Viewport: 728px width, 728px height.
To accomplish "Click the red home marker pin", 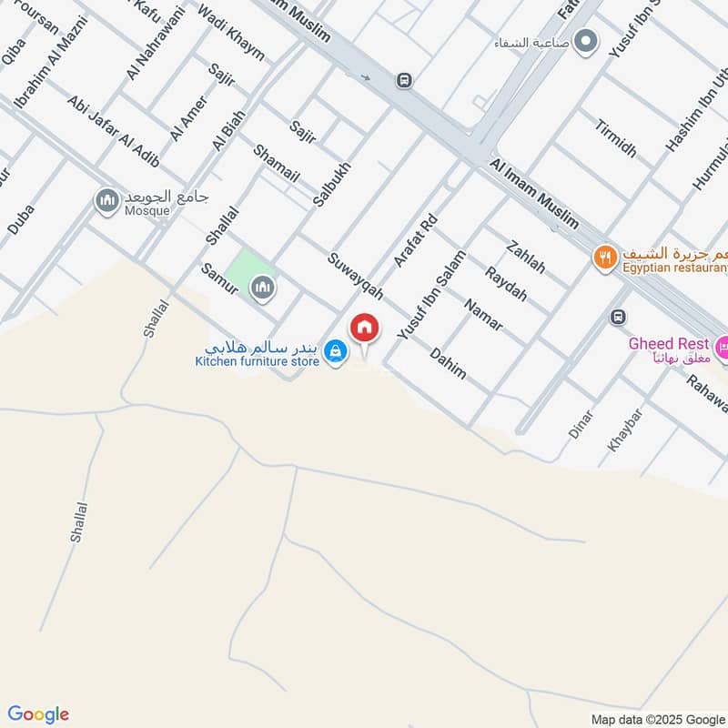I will [365, 328].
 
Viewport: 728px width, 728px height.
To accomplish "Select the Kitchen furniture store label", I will [258, 361].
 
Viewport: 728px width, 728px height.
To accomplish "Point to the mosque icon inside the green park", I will [263, 288].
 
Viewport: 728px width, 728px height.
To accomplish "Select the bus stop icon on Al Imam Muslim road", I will [404, 80].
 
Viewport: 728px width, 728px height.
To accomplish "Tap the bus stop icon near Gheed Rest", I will [618, 317].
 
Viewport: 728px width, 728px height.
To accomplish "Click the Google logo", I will [38, 714].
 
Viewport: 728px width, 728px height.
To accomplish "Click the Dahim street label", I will [448, 363].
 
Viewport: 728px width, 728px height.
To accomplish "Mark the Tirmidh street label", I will [616, 137].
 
